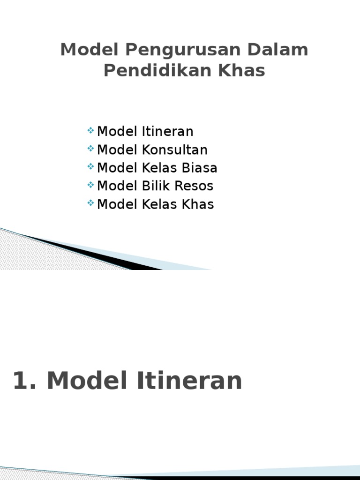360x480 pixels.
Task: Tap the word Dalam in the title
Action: tap(279, 50)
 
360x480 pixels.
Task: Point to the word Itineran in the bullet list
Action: tap(168, 131)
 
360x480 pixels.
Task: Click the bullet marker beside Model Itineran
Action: tap(90, 130)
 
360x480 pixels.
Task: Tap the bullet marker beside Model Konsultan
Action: tap(90, 149)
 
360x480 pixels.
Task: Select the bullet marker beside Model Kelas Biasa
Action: tap(90, 167)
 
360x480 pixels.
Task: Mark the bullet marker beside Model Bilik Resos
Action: tap(90, 185)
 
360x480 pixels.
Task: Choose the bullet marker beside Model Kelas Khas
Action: tap(90, 203)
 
